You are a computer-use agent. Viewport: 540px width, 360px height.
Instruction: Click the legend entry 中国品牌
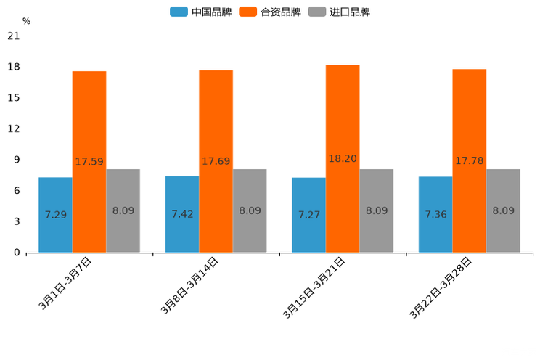[201, 12]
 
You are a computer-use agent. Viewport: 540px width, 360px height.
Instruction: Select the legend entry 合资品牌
[270, 12]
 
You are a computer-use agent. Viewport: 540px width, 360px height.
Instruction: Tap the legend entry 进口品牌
[339, 12]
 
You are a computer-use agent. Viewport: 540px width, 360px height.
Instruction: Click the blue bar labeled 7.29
[55, 215]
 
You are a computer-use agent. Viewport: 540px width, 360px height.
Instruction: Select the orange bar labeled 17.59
[89, 162]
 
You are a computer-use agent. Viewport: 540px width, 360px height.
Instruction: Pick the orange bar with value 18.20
[343, 158]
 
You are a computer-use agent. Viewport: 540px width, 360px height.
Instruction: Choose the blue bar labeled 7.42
[182, 214]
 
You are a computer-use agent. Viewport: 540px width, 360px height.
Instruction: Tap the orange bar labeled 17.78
[470, 160]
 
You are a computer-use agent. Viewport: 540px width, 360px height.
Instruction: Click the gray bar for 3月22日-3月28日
[503, 210]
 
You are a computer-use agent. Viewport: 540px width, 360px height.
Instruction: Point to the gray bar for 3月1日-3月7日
[123, 210]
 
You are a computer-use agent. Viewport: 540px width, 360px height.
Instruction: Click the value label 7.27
[309, 215]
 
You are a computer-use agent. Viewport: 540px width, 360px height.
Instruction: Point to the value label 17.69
[216, 161]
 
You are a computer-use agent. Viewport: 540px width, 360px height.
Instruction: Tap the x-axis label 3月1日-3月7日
[66, 283]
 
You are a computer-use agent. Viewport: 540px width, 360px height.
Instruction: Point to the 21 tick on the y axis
[14, 36]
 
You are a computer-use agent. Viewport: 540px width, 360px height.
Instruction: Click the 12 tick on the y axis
[14, 129]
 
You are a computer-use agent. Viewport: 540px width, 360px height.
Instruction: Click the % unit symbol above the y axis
[26, 21]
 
